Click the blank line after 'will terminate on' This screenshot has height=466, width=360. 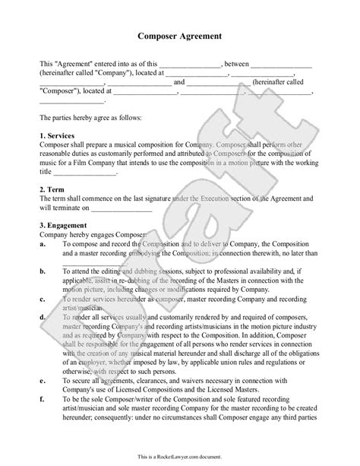point(122,208)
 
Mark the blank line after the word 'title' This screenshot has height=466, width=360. point(87,173)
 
